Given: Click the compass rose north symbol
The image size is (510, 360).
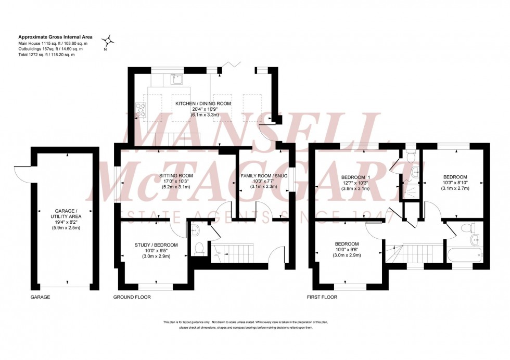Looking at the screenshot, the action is coord(108,41).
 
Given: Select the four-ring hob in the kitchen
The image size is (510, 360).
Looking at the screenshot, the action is coord(142,109).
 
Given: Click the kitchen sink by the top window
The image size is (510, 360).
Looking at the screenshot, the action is coord(177,79).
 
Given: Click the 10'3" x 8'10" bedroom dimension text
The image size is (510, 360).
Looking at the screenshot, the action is coord(455,183).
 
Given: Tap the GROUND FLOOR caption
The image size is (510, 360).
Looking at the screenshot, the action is coord(132,297).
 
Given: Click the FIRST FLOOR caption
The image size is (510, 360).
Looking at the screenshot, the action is coord(322,297).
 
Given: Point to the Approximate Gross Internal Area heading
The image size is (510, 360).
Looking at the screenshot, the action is coord(55,37).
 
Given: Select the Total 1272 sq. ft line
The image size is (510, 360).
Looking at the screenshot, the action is coord(46,55).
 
